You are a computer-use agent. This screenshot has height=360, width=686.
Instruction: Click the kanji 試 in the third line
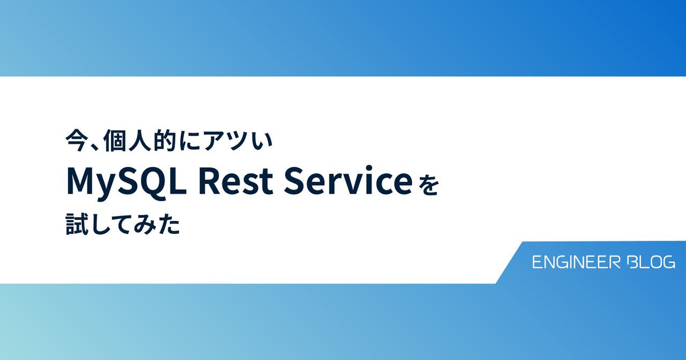tap(76, 225)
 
